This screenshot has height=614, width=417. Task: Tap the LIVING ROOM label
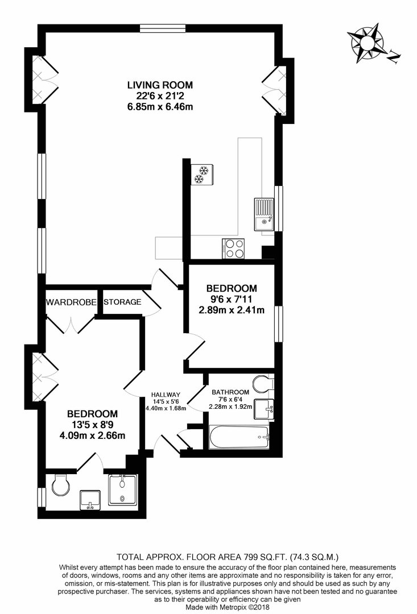(160, 85)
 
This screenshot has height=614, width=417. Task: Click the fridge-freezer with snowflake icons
(201, 175)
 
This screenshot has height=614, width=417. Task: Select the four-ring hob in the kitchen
(234, 248)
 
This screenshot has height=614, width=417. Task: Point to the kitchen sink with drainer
(264, 214)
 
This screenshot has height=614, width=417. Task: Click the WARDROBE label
(71, 302)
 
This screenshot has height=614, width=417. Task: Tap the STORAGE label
(122, 302)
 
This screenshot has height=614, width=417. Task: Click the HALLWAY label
(166, 395)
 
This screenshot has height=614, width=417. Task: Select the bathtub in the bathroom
(240, 437)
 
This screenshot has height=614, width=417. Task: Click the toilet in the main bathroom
(263, 384)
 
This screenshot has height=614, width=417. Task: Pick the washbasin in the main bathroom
(264, 409)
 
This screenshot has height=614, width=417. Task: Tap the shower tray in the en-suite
(122, 489)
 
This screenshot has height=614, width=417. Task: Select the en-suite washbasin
(90, 500)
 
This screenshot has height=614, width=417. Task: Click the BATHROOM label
(230, 392)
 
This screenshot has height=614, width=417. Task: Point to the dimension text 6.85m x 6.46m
(160, 106)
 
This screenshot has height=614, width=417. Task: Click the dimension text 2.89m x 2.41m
(231, 310)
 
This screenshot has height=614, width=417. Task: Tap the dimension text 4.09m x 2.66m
(93, 435)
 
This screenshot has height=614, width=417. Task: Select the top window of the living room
(163, 28)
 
